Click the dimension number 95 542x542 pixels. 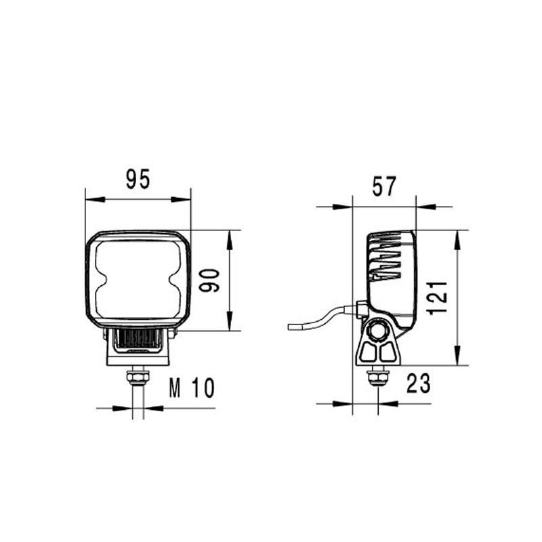tap(138, 180)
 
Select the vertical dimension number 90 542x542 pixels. tap(209, 280)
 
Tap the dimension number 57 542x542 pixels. tap(383, 186)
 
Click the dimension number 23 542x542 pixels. tap(418, 384)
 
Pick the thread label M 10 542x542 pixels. tap(191, 388)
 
